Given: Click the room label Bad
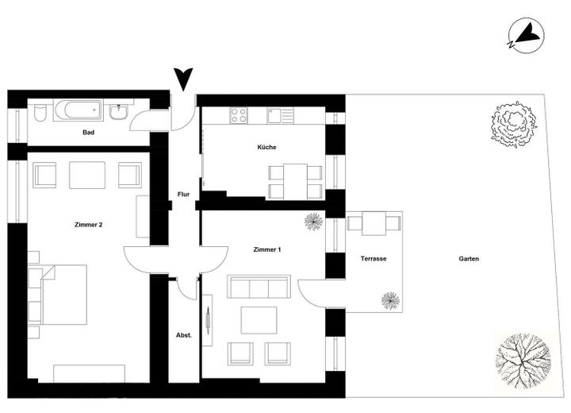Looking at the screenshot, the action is [89, 133].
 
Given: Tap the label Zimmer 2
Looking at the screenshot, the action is [89, 225].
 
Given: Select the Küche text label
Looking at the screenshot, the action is [266, 147].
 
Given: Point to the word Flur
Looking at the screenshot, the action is [183, 195].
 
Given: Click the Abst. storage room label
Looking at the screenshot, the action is [184, 335].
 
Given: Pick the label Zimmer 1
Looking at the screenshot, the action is [267, 250].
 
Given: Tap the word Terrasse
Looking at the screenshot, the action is [374, 259].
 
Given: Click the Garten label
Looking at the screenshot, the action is [469, 259].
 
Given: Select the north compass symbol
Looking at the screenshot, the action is [526, 36].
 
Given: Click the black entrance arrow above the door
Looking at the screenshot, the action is [183, 79].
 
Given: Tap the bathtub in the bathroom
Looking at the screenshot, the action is [79, 110].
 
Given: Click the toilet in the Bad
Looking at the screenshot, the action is [40, 113].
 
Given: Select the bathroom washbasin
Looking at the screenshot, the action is [119, 112].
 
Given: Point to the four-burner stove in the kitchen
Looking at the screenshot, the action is [239, 115].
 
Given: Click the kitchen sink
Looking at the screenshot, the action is [281, 116].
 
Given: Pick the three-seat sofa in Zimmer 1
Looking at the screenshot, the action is [259, 287].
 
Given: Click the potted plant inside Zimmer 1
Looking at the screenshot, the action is [313, 222].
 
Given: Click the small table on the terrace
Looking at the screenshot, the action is [374, 223].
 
